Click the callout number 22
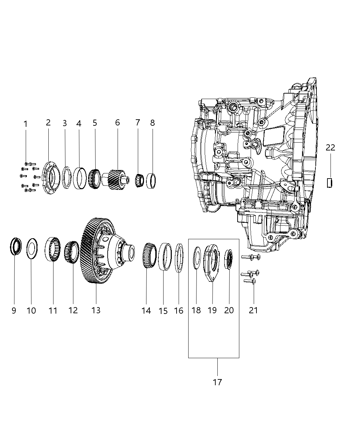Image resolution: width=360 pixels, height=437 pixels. (330, 147)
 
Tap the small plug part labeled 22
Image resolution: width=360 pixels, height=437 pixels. (330, 183)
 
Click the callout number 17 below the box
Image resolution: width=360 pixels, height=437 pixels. (217, 382)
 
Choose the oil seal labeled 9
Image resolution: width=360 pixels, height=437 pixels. (16, 246)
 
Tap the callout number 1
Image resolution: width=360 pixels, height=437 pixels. (25, 124)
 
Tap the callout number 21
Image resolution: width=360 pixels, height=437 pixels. (253, 311)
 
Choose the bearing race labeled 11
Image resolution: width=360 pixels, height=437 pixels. (53, 249)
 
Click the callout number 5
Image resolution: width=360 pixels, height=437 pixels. (95, 123)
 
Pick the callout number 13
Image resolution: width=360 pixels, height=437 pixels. (96, 310)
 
